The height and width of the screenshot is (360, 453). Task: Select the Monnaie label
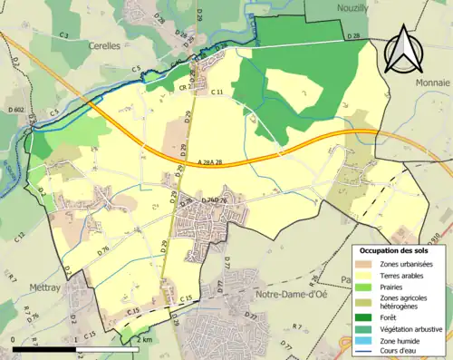pos(431,81)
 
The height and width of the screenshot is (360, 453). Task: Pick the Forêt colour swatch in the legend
pos(368,316)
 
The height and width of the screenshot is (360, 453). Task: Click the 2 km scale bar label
pos(144,339)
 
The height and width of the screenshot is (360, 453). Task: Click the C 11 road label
pos(217,92)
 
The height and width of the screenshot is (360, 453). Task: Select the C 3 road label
pos(64,34)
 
